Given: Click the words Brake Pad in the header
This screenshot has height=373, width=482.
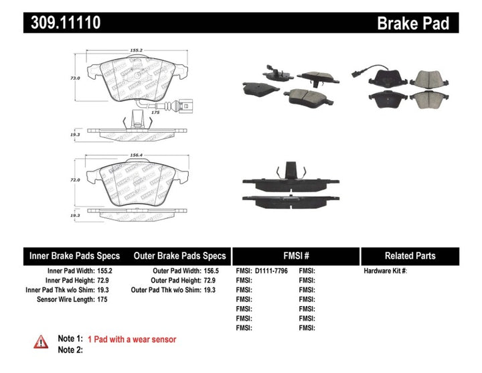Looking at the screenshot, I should click(413, 23).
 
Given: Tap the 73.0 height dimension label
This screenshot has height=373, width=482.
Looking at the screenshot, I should click(76, 78).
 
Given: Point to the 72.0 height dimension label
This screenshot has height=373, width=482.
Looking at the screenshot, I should click(76, 180).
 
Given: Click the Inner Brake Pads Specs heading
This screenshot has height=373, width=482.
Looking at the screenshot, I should click(74, 256).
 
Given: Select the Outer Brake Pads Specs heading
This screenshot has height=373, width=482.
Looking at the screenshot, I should click(179, 256).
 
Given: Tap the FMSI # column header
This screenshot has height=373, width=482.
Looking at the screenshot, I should click(295, 256).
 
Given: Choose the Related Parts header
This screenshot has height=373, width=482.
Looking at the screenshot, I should click(410, 256).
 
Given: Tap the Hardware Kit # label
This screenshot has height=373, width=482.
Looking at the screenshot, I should click(385, 271).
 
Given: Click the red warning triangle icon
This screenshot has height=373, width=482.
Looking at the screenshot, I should click(41, 342).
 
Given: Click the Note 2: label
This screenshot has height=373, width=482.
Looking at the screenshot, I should click(70, 350).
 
